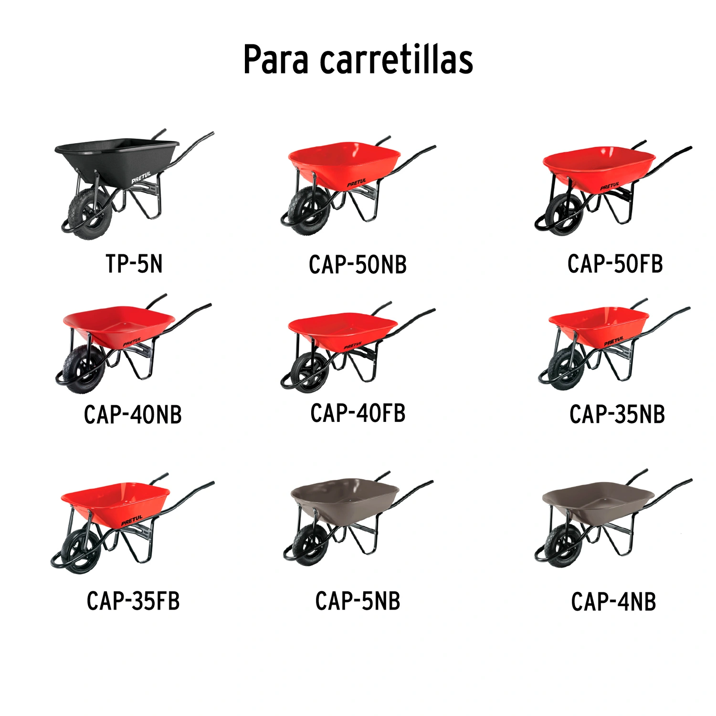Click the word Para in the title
click(276, 60)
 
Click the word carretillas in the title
click(396, 60)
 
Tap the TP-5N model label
click(134, 264)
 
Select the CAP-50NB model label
click(358, 265)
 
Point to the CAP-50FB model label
click(615, 264)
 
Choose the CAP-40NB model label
click(133, 414)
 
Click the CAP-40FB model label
click(358, 413)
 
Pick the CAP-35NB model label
click(617, 414)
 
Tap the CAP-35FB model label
click(133, 601)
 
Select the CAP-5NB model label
click(358, 601)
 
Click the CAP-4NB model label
click(613, 601)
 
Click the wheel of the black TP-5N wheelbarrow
click(91, 213)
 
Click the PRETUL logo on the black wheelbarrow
click(141, 178)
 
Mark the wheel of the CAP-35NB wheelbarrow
click(566, 368)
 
